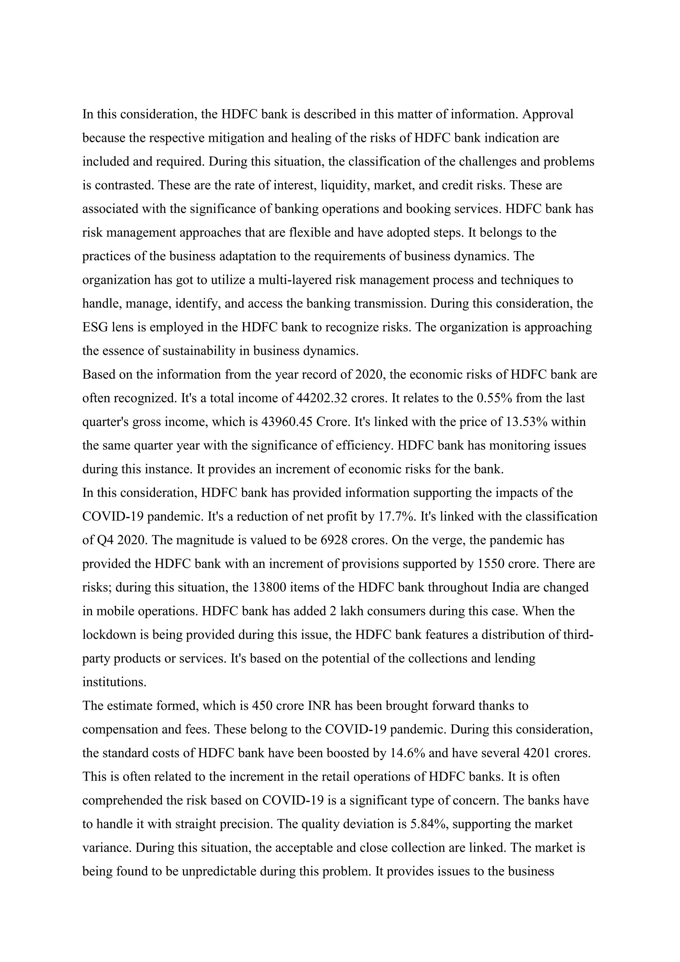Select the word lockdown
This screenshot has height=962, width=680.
(x=110, y=635)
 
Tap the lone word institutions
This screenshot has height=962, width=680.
(x=114, y=682)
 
